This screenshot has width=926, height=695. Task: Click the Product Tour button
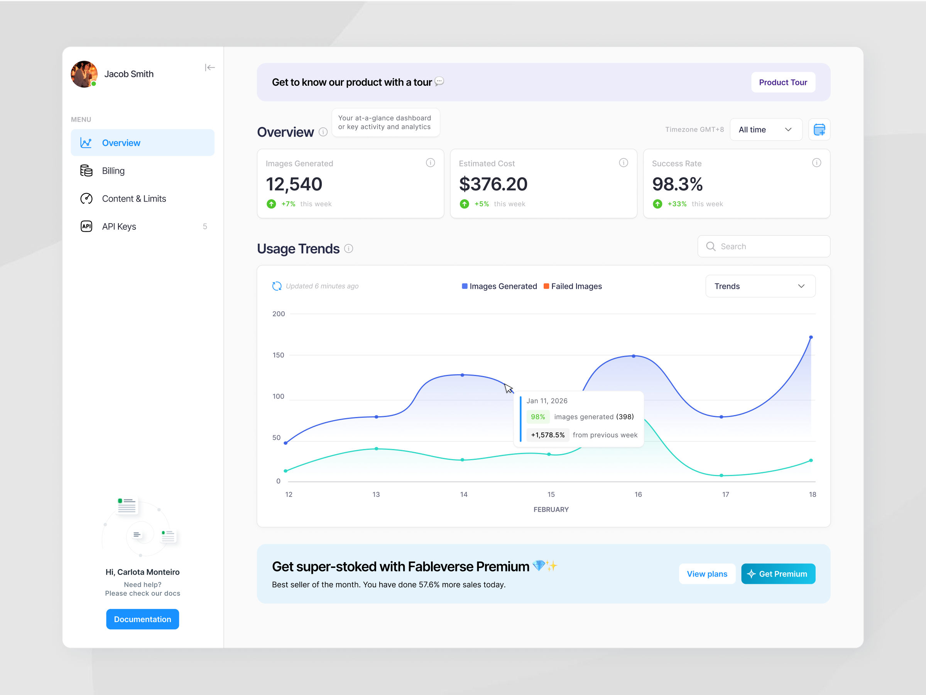click(x=782, y=82)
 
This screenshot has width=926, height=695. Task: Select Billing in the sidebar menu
click(x=113, y=171)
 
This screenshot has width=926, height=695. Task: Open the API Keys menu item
click(x=119, y=227)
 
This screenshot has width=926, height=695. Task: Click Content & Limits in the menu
click(x=133, y=198)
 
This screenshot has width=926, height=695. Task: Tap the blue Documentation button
click(x=142, y=619)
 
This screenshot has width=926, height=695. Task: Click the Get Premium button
click(x=778, y=574)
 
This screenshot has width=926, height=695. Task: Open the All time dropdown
click(x=765, y=129)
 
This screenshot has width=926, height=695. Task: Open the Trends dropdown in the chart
click(x=760, y=286)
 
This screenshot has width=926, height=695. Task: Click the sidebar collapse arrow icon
click(x=210, y=68)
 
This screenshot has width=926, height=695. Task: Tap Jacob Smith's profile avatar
click(x=84, y=74)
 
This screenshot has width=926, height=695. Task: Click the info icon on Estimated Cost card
click(x=624, y=163)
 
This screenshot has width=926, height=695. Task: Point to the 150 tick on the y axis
click(x=279, y=355)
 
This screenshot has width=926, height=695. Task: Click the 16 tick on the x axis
click(x=638, y=494)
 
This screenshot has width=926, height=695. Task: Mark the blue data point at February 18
click(x=811, y=337)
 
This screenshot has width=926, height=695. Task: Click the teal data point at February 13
click(x=376, y=449)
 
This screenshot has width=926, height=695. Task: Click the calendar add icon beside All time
click(x=819, y=129)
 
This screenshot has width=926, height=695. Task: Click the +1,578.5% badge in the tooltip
click(x=547, y=435)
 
